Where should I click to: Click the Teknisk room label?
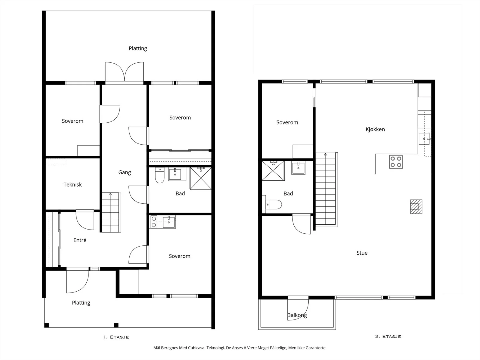coord(73,184)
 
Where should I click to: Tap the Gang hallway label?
coord(124,172)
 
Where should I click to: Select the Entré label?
coord(80,240)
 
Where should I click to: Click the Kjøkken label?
coord(375,129)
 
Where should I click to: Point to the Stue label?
coord(362,253)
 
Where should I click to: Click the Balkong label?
coord(297,315)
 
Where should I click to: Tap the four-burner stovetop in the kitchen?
coord(396,162)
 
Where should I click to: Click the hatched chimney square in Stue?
coord(416,207)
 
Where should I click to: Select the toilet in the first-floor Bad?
coord(160,175)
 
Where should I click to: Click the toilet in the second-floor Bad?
coord(274,205)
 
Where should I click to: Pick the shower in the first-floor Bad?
coord(200,178)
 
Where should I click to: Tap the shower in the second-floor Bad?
coord(273,171)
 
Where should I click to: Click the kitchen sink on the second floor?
coord(424,139)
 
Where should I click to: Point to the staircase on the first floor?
coord(111,212)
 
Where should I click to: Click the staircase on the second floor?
coord(326,189)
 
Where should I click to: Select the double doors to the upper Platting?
coord(124,72)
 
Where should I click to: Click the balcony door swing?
coord(298,310)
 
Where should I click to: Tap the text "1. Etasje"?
coord(116,337)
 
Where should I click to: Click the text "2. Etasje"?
coord(388,336)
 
